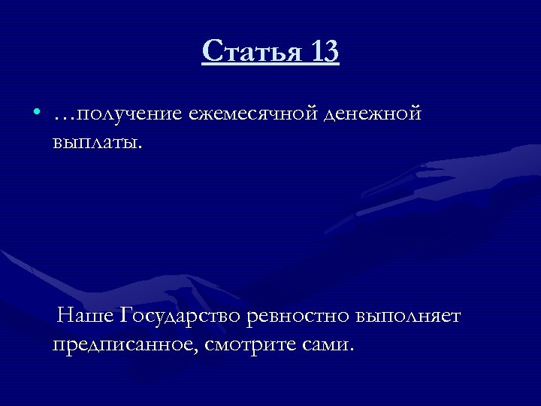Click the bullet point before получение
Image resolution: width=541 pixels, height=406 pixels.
coord(37,114)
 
